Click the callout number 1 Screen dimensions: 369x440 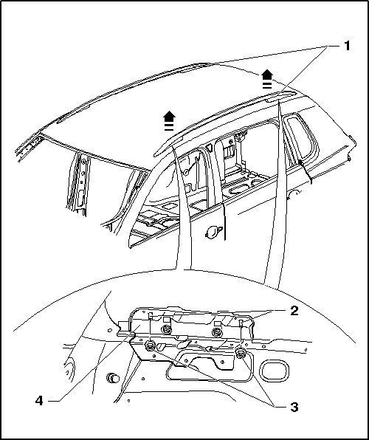pos(347,46)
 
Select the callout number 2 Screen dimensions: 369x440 pos(294,311)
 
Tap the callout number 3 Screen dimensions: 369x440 pos(294,407)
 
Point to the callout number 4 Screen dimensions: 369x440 pos(39,401)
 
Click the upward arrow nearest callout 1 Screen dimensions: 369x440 pos(267,79)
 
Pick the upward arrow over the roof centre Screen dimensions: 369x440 pos(169,120)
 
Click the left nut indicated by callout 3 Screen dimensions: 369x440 pos(150,346)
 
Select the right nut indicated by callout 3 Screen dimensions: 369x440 pos(240,353)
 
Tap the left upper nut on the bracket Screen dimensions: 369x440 pos(168,329)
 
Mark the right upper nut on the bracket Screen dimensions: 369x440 pos(216,332)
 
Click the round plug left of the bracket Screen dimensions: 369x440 pos(113,378)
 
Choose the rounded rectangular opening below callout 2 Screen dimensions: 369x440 pos(274,371)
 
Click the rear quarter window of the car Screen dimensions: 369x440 pos(302,137)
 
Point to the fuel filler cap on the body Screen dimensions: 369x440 pos(214,232)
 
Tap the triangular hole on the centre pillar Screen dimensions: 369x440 pos(209,147)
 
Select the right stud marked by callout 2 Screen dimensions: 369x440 pos(241,323)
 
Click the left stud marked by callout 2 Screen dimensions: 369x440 pos(150,316)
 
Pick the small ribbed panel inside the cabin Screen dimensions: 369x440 pos(230,151)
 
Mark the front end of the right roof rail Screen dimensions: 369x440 pos(156,154)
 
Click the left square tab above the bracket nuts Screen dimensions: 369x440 pos(167,320)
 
